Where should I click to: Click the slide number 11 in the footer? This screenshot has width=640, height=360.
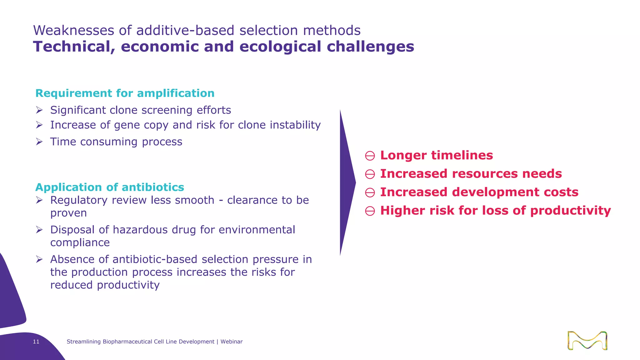tap(36, 342)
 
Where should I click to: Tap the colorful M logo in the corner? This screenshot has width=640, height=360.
tap(587, 340)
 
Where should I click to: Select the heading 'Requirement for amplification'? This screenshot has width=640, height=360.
tap(125, 93)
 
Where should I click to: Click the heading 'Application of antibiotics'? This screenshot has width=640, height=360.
tap(110, 187)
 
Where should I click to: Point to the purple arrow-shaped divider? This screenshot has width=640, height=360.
tap(347, 183)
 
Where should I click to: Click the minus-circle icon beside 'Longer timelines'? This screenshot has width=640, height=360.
tap(370, 156)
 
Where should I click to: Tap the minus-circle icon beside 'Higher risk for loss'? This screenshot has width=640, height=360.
tap(370, 211)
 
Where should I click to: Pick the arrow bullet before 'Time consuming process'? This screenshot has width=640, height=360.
tap(39, 142)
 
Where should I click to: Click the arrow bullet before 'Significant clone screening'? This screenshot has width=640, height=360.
tap(39, 110)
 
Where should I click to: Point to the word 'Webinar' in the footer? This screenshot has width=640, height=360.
tap(232, 342)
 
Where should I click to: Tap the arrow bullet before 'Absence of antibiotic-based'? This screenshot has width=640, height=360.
tap(39, 259)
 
